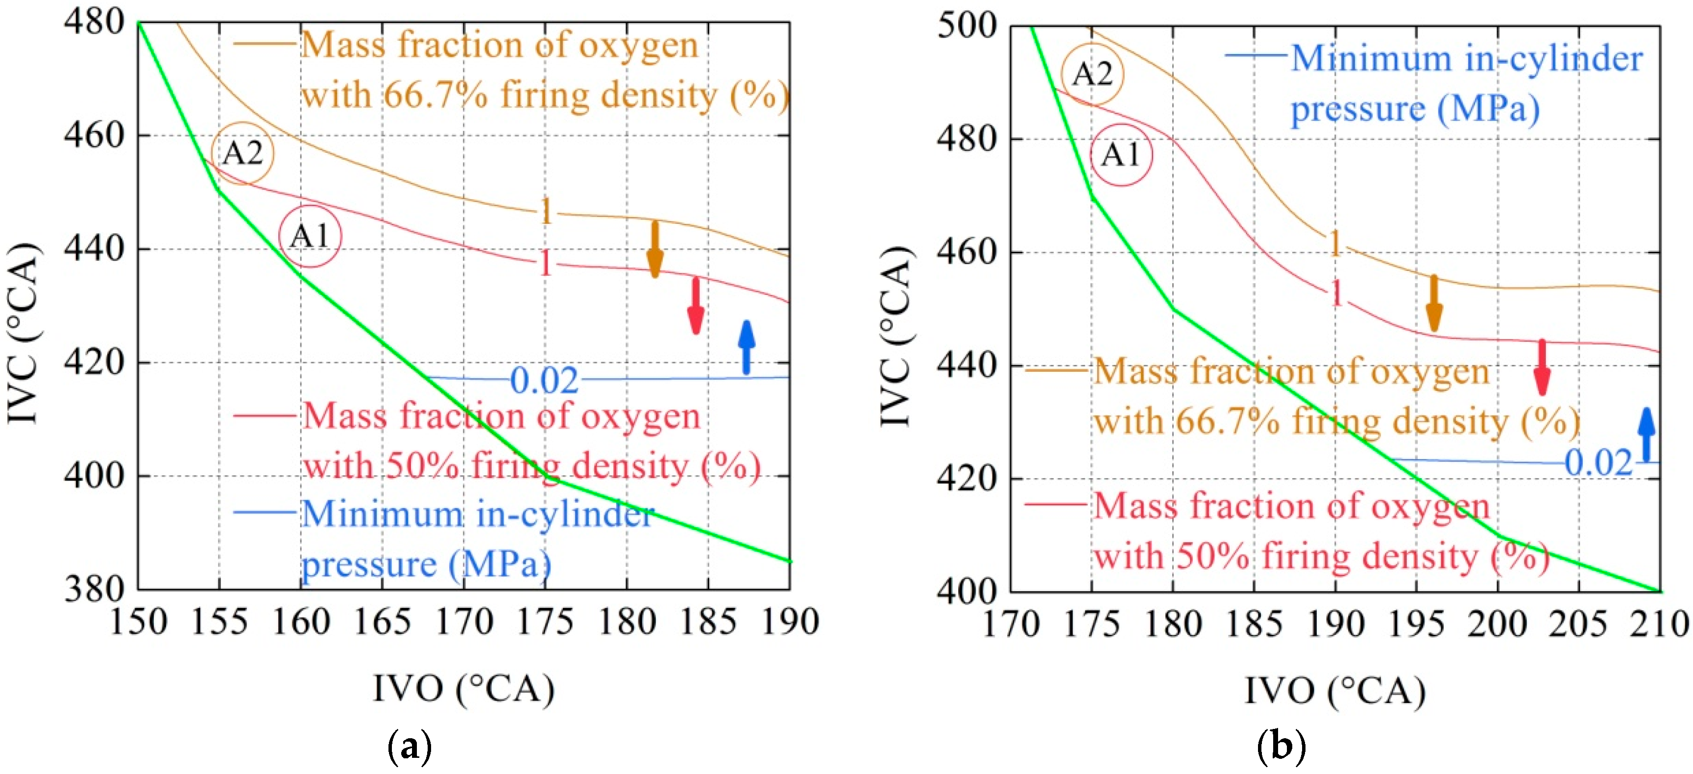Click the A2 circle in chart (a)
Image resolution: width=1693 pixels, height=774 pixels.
click(x=242, y=153)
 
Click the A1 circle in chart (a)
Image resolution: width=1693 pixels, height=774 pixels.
click(x=310, y=236)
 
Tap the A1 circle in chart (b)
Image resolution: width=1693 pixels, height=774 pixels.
click(x=1121, y=155)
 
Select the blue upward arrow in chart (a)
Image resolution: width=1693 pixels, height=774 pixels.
click(x=746, y=346)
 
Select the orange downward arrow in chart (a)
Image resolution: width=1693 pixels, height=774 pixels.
click(x=654, y=249)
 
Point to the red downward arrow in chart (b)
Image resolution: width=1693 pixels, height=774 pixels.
click(x=1542, y=366)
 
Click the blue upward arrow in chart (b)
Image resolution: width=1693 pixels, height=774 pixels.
click(x=1645, y=434)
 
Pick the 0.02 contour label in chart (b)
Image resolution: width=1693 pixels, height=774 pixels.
click(x=1598, y=462)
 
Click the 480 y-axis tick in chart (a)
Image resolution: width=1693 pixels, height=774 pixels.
click(x=94, y=21)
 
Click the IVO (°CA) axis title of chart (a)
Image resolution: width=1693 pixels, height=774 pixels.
click(x=464, y=689)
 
